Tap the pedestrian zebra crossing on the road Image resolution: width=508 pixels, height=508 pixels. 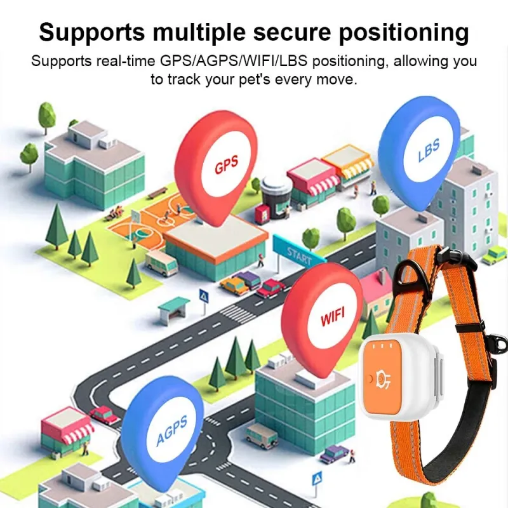pos(237,312)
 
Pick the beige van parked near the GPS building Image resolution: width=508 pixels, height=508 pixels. pos(161,262)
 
